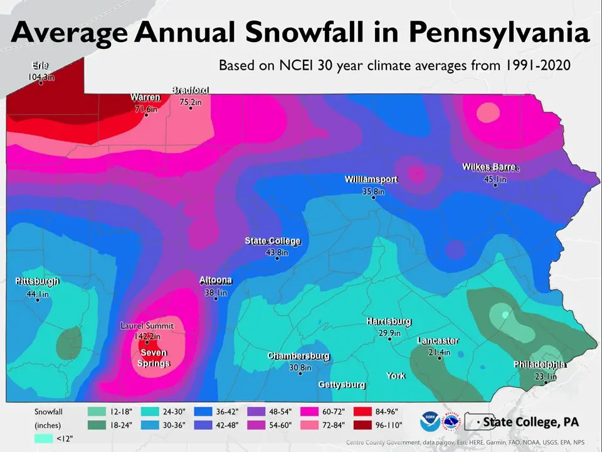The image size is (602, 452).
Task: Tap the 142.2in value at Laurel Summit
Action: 147,336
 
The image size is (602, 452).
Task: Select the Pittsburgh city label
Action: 37,281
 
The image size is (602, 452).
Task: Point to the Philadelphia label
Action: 540,365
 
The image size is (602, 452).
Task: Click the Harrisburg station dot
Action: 389,339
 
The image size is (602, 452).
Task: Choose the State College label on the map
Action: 272,241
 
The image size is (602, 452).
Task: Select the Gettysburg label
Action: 342,384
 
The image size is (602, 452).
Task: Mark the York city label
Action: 396,376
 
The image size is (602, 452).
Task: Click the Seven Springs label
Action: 154,358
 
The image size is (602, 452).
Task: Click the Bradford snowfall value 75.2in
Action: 191,102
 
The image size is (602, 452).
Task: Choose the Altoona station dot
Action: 216,299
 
